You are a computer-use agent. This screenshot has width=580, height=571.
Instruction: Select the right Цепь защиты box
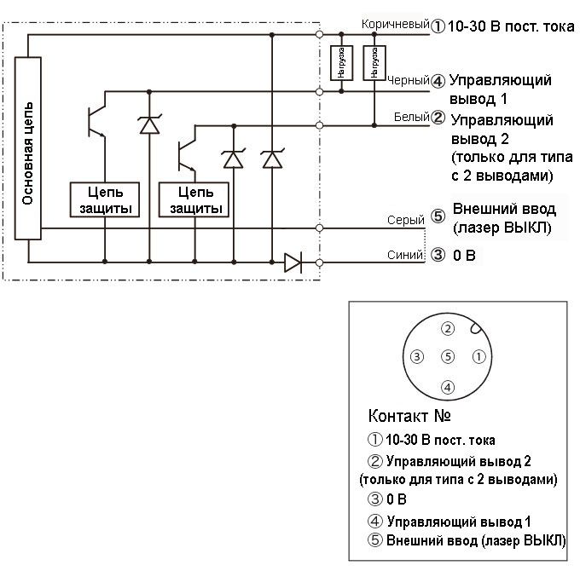194,200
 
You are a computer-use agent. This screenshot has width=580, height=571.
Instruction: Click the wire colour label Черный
407,81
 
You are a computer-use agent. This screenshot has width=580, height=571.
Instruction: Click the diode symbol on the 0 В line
293,262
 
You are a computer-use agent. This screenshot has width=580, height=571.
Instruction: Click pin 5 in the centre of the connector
447,356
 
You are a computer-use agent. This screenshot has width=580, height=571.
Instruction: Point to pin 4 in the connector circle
447,388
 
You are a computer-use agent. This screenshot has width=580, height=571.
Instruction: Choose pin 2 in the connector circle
447,328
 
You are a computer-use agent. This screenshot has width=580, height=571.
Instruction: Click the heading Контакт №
409,418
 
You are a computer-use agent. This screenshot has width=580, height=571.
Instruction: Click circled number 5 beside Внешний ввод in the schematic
438,216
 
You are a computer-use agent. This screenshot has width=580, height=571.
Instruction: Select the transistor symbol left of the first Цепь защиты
95,122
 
